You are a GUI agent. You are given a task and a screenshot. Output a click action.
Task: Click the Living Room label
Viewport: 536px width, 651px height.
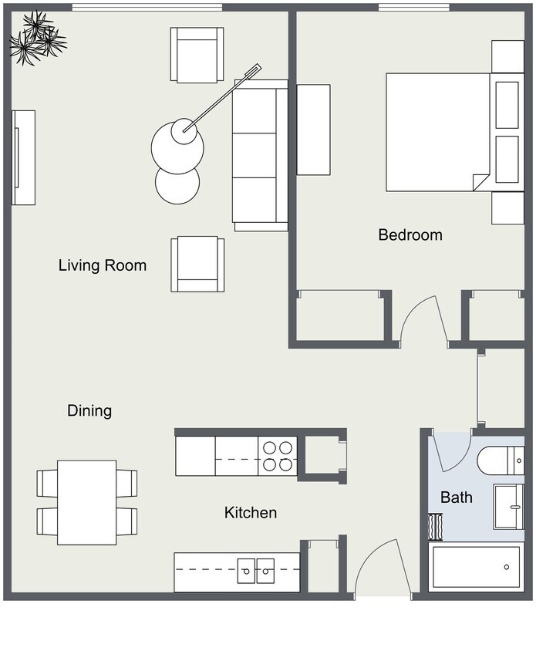click(102, 266)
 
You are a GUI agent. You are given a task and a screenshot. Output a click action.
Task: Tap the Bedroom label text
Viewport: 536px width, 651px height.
click(410, 235)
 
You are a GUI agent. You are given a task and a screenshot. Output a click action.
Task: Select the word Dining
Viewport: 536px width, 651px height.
click(89, 411)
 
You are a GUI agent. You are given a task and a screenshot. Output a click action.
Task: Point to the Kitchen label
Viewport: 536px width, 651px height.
click(250, 513)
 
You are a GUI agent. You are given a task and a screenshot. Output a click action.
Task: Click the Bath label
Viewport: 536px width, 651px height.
click(456, 498)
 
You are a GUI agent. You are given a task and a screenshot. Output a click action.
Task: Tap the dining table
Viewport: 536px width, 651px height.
click(87, 502)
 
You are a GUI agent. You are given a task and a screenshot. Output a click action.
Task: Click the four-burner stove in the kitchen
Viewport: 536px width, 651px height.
click(278, 456)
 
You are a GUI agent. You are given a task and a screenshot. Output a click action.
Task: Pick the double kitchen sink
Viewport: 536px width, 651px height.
click(256, 572)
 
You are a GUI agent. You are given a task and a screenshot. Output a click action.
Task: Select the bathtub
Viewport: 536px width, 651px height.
click(475, 567)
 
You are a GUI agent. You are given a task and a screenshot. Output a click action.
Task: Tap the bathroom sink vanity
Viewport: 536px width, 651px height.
click(508, 507)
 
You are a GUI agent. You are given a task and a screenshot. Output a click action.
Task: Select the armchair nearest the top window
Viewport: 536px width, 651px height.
click(197, 55)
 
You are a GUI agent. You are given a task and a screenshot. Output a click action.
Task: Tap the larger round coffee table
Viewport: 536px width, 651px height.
click(177, 143)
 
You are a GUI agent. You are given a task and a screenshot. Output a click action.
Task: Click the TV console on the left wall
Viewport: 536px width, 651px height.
click(23, 157)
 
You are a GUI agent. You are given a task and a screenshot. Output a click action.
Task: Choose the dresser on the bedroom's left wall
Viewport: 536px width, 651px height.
click(313, 130)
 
